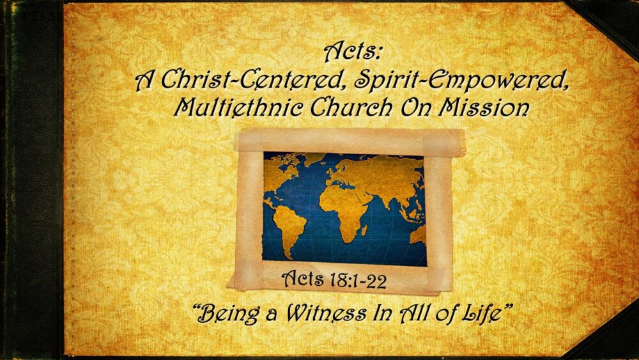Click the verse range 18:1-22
point(358,279)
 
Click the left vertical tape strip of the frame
point(249,211)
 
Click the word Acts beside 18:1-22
point(304,279)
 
